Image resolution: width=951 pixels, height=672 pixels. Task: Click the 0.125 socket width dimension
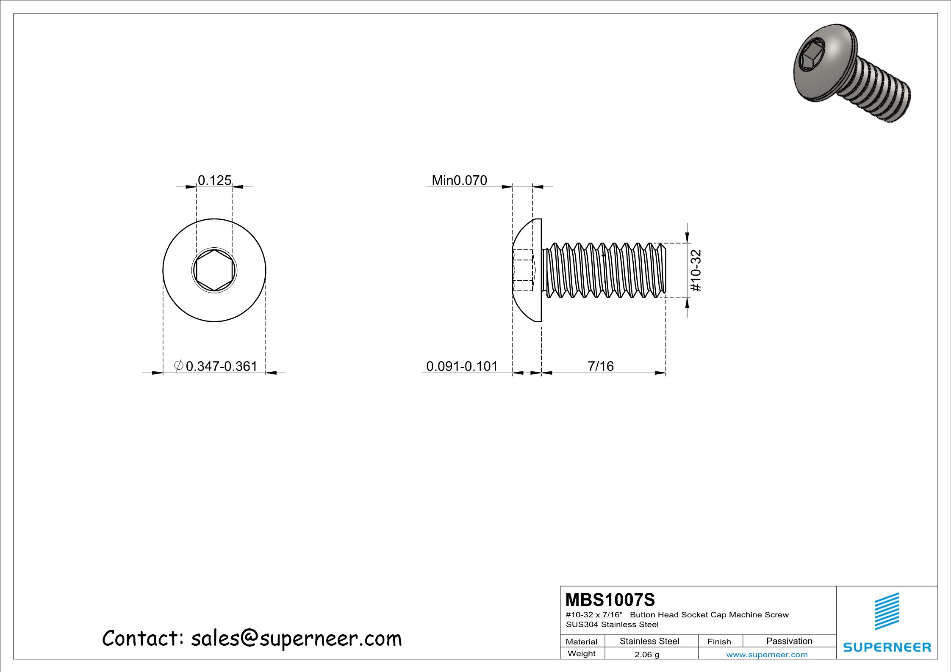coord(214,180)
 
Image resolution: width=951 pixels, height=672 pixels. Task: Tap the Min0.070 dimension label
coord(459,180)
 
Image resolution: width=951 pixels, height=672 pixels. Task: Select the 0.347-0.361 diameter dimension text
coord(221,366)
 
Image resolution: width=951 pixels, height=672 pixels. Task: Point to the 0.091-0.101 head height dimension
coord(462,366)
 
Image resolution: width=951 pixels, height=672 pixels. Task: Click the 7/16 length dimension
coord(600,366)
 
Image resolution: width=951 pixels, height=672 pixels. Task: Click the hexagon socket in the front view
coord(214,270)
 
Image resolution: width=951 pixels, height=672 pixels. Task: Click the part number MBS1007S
coord(610,600)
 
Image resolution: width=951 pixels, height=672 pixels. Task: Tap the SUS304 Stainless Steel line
coord(612,624)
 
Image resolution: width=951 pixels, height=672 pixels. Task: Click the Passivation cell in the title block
coord(789,641)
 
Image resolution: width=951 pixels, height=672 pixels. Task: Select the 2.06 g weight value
coord(647,654)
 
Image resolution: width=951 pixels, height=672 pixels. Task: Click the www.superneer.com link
coord(767,655)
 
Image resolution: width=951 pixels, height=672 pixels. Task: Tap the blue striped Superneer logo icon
coord(887,611)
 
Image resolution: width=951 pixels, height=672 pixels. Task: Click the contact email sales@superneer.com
coord(296,638)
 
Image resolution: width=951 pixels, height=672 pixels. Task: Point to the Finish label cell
coord(719,642)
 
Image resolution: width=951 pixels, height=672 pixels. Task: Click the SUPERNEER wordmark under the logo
coord(887,647)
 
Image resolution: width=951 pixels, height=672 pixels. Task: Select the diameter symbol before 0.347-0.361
coord(179,365)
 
